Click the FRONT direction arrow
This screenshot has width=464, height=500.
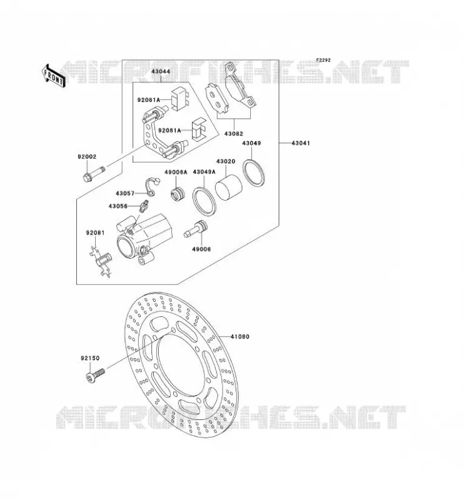[x=53, y=76]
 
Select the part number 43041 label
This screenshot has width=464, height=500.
[x=300, y=143]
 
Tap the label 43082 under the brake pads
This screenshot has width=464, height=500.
[x=234, y=134]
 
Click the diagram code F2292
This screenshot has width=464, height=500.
[x=323, y=60]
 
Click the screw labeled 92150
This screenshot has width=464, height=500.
[x=96, y=374]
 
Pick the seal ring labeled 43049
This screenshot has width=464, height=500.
[x=253, y=172]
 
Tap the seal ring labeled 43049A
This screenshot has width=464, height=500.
[x=204, y=202]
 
